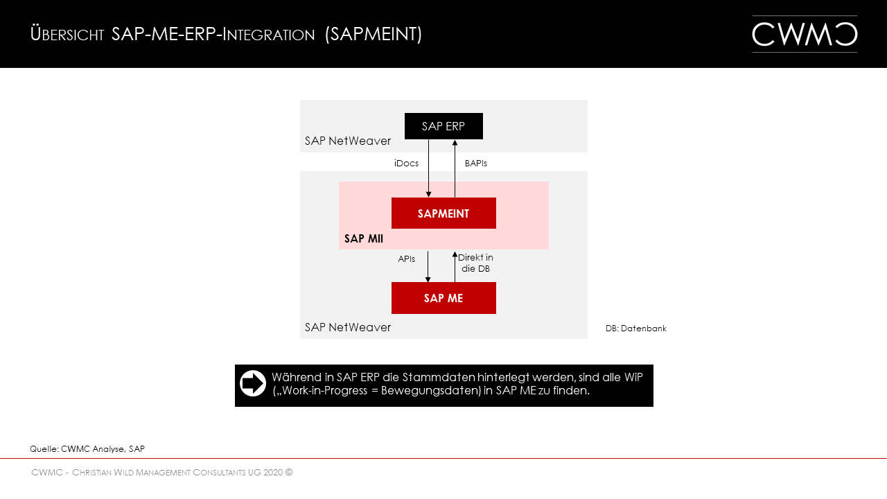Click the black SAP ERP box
(443, 126)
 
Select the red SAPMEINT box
(443, 213)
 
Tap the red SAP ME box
(443, 298)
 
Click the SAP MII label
(364, 239)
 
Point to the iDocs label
(406, 164)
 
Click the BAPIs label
(476, 164)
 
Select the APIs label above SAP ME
(407, 259)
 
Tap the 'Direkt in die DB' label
(475, 263)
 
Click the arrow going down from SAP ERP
(429, 168)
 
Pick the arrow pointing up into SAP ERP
(455, 168)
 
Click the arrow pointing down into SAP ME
(428, 267)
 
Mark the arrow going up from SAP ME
(455, 267)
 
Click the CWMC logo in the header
(805, 34)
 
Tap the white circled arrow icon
(253, 383)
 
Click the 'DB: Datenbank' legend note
(636, 329)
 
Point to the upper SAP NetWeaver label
(348, 141)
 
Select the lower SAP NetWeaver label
(348, 327)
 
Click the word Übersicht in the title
(67, 34)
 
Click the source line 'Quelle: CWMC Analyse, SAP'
(87, 449)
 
